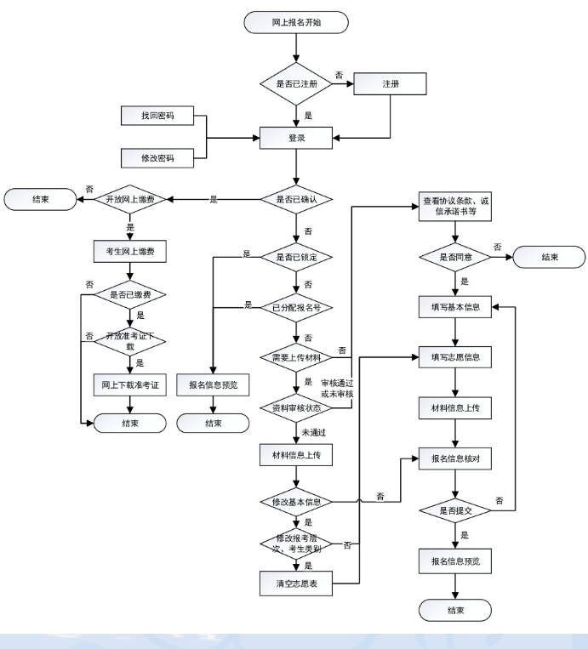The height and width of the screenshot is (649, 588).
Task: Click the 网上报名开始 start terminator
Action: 296,23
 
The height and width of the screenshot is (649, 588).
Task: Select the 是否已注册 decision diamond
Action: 295,83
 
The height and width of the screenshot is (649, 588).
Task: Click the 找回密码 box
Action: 157,117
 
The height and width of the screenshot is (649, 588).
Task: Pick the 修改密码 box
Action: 157,157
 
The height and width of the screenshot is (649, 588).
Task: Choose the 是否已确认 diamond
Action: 295,199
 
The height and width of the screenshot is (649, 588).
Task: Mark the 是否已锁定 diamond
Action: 295,255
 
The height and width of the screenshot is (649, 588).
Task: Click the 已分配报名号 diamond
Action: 295,307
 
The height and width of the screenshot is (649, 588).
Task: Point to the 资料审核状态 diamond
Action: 295,407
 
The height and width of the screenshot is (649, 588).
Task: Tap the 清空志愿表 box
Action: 295,584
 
